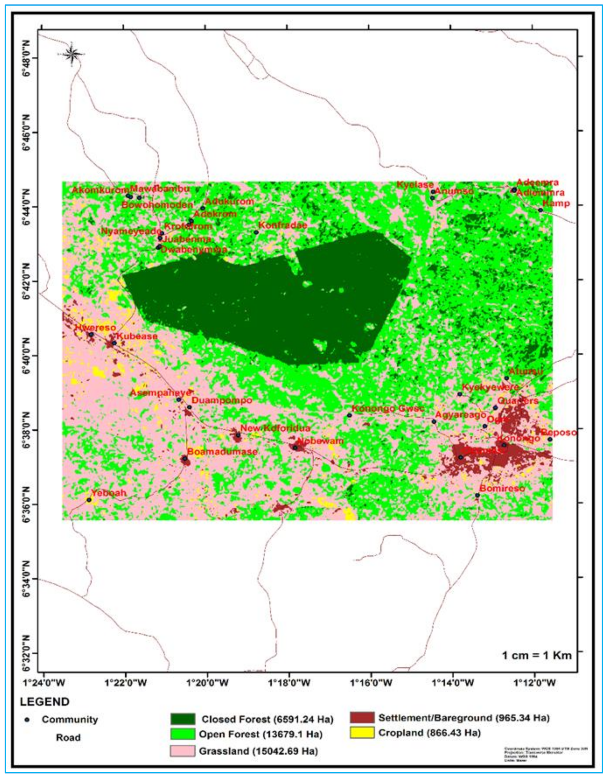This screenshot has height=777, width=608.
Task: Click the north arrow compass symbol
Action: point(71,54)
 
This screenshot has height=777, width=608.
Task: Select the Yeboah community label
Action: point(109,493)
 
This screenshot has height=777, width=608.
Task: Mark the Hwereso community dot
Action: point(91,335)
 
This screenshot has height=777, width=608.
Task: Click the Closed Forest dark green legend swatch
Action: point(182,719)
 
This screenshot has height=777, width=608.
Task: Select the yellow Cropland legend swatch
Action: point(362,733)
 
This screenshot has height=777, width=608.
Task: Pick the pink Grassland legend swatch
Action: point(182,751)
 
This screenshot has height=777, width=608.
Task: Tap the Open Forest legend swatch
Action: point(182,734)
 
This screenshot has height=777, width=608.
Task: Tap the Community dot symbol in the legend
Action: point(27,720)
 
